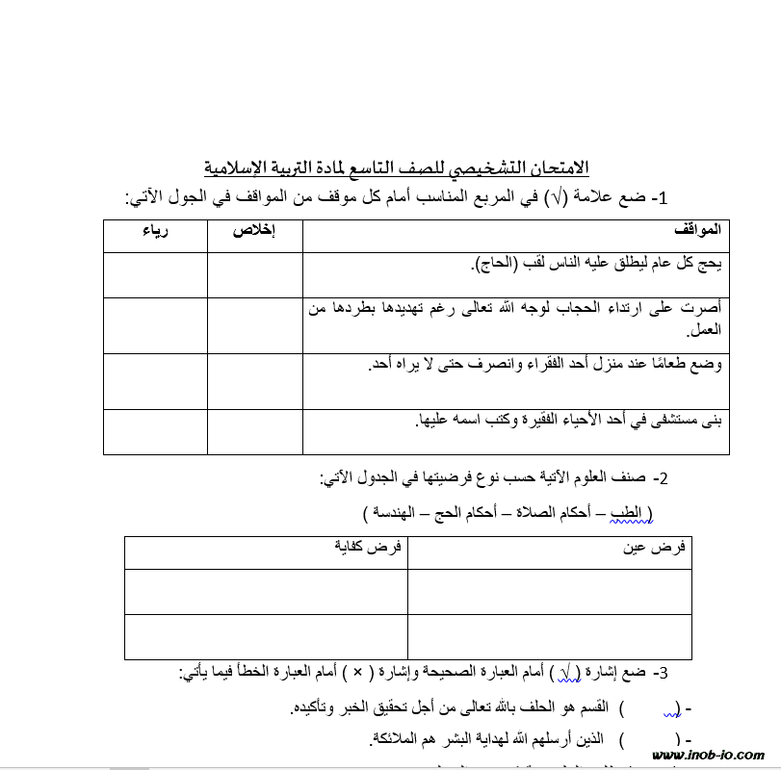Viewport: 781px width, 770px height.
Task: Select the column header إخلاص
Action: tap(254, 231)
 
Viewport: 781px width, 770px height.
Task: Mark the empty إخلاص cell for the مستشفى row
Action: tap(254, 430)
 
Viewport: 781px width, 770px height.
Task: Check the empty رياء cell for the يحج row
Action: tap(155, 274)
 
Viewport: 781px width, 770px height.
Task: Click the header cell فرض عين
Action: tap(664, 547)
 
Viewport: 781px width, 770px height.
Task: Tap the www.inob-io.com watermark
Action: tap(708, 756)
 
